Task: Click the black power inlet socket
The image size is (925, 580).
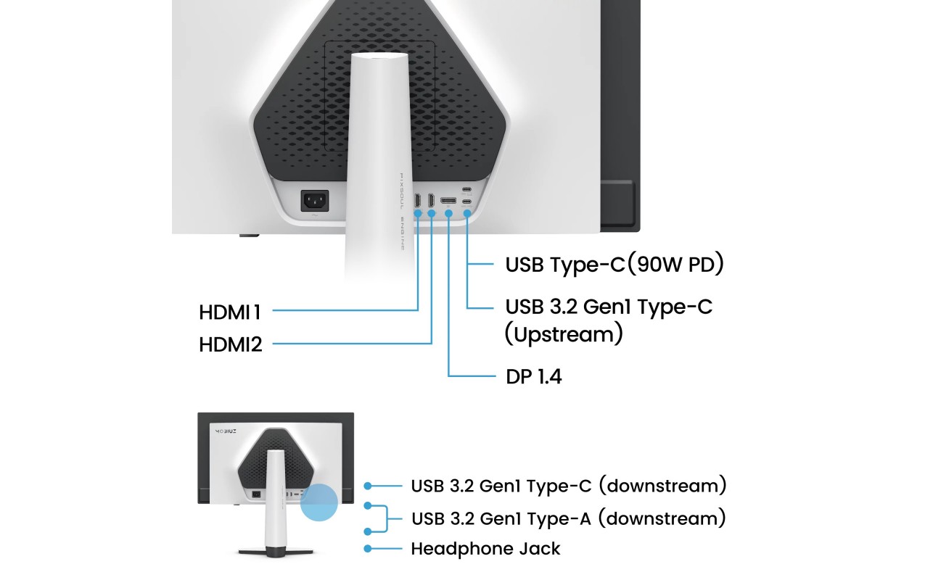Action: (315, 201)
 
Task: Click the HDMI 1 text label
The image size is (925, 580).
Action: (230, 312)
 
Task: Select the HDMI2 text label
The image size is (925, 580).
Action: (231, 344)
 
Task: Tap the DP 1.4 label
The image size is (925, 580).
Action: (533, 376)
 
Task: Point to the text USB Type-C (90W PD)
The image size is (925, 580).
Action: (614, 264)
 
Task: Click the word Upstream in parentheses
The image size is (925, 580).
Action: (564, 334)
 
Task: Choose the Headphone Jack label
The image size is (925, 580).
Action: (485, 549)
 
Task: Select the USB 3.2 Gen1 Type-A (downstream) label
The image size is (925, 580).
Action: (569, 518)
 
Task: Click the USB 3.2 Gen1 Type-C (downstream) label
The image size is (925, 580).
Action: (569, 486)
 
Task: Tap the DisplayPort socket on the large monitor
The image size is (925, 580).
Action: (448, 201)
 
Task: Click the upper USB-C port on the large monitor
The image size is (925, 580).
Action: (466, 190)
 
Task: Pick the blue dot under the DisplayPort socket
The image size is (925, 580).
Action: (449, 213)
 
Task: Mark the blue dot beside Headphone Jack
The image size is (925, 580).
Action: (368, 549)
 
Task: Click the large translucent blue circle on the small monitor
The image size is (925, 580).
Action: (318, 502)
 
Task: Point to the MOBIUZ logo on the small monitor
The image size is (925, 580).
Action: (226, 431)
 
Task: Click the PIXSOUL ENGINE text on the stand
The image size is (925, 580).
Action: (402, 212)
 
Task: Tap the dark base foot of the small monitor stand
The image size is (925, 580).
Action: (276, 552)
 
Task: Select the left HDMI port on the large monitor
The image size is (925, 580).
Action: (417, 201)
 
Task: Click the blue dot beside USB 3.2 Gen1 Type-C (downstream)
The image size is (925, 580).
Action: (368, 486)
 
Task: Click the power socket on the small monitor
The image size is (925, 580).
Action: (256, 494)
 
